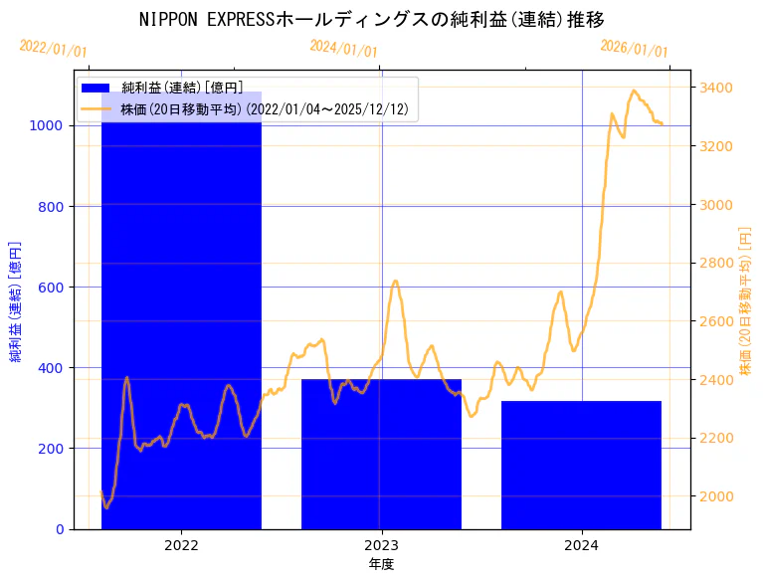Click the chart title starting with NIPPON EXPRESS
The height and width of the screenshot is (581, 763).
coord(371,19)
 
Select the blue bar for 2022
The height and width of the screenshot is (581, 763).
coord(181,318)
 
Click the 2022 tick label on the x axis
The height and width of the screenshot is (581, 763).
coord(181,545)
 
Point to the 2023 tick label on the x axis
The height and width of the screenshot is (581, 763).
coord(381,545)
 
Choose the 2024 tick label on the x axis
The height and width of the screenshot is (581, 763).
coord(581,545)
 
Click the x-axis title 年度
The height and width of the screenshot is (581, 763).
coord(381,564)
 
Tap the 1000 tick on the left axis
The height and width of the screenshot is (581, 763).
coord(51,126)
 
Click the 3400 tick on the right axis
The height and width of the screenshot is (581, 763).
coord(717,89)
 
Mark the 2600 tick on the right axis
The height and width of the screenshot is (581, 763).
coord(717,321)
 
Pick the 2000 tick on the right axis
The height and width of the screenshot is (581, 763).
coord(717,496)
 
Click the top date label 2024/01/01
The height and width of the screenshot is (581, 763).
coord(343,48)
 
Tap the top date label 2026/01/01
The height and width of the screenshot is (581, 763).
coord(634,48)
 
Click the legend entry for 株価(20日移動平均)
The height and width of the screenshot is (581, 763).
coord(264,108)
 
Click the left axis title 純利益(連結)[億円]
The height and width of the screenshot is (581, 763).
coord(16,300)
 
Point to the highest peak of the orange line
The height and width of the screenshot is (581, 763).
coord(634,91)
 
